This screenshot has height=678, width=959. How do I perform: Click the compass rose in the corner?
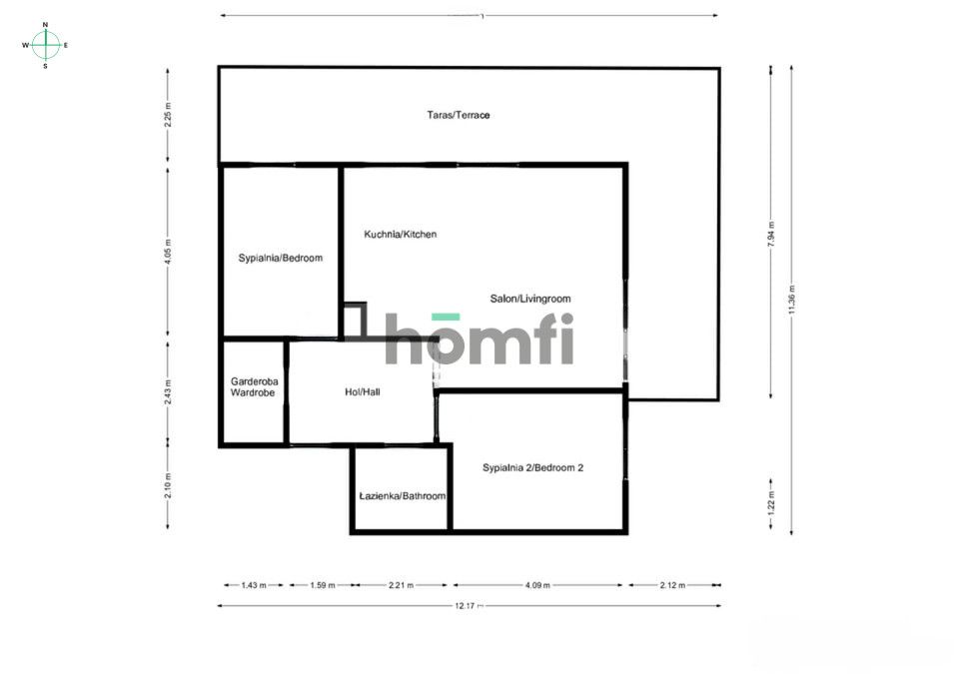click(45, 44)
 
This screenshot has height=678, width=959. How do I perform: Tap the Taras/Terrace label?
click(459, 115)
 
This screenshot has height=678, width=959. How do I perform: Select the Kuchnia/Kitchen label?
click(400, 234)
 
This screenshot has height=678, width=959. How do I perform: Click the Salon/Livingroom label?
click(529, 299)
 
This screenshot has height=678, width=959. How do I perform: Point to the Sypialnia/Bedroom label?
click(280, 258)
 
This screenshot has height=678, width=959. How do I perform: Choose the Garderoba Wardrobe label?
click(253, 386)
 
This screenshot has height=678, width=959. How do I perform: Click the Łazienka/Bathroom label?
click(402, 495)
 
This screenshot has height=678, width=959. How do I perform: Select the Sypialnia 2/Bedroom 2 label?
click(532, 467)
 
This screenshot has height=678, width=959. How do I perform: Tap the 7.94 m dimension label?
click(770, 232)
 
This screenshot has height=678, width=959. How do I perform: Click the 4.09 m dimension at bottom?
click(537, 585)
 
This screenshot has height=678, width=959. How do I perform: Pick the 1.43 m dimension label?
click(254, 585)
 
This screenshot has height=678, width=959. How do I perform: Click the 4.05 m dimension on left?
click(168, 250)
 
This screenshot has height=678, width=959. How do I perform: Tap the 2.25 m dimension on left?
click(168, 116)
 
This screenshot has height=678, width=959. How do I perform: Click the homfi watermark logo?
click(479, 339)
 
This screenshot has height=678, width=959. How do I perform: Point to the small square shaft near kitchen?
click(354, 321)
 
